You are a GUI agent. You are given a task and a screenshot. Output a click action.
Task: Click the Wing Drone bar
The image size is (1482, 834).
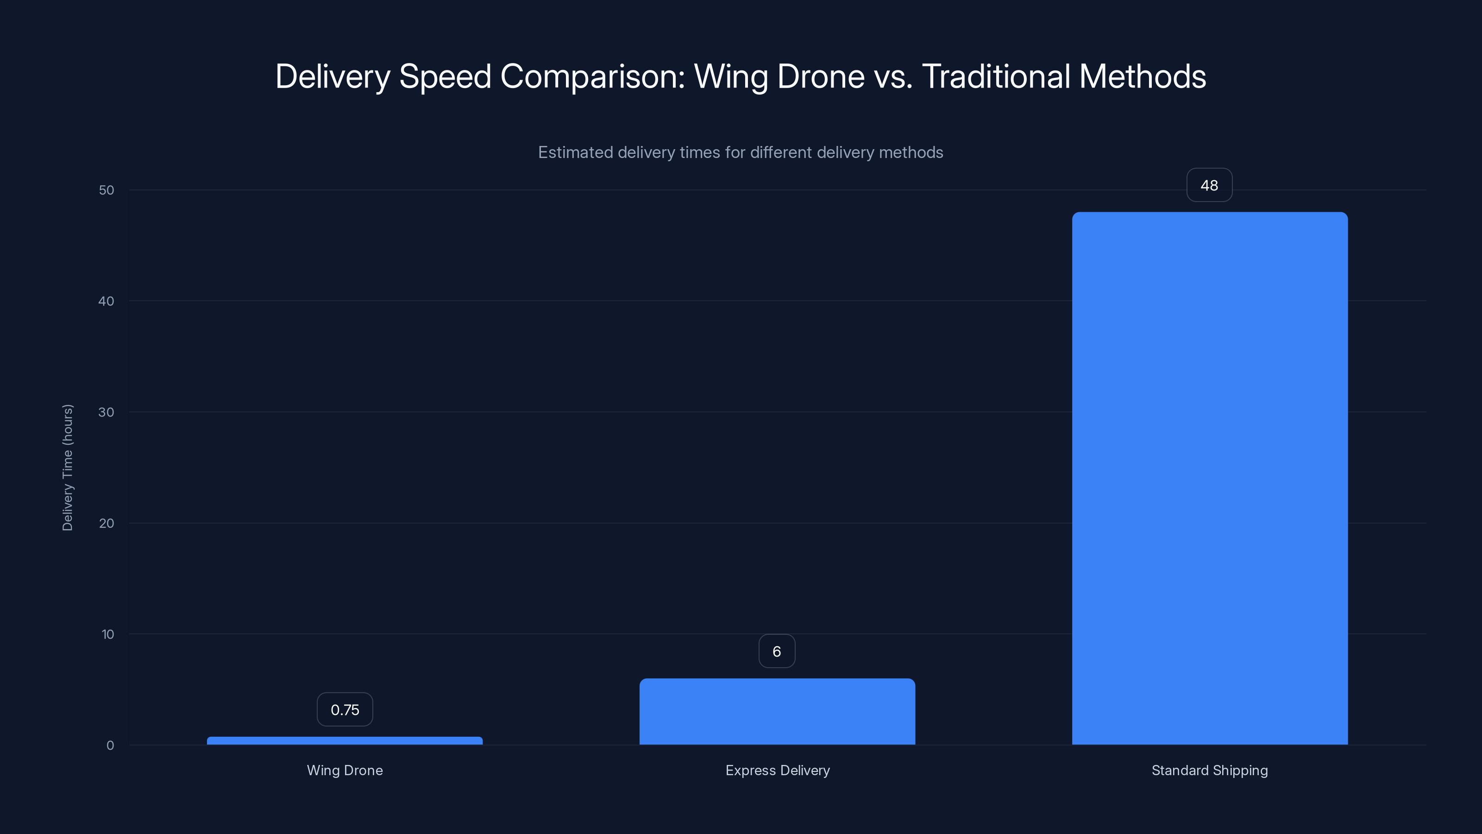[345, 741]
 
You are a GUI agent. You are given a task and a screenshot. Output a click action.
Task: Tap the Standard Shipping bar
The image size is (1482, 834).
[1209, 478]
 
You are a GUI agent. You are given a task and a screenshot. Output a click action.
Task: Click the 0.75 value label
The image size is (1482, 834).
[345, 710]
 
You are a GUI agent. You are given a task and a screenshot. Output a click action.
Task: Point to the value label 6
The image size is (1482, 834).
[777, 651]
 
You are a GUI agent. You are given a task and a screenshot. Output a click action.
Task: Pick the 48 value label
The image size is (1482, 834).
[1209, 185]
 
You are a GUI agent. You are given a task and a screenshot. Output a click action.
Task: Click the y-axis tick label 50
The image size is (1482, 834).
[107, 190]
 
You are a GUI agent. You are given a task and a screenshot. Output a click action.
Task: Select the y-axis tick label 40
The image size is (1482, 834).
[107, 301]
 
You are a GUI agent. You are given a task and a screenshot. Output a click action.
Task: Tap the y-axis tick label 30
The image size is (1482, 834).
[107, 412]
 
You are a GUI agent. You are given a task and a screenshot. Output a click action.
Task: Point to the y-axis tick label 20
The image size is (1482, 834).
[107, 523]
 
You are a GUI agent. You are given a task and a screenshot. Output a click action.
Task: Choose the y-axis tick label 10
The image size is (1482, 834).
[107, 634]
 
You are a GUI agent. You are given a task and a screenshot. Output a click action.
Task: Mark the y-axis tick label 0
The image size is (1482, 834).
[110, 746]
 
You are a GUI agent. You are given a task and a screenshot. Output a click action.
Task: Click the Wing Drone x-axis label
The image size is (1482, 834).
[345, 770]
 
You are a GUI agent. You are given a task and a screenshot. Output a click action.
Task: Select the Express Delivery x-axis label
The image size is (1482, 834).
[777, 770]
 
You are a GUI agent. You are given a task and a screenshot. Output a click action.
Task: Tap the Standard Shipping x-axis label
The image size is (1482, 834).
[1209, 770]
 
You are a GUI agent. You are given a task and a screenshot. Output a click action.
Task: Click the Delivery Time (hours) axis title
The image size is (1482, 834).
[67, 468]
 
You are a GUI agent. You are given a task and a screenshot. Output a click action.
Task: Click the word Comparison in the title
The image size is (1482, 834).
[593, 76]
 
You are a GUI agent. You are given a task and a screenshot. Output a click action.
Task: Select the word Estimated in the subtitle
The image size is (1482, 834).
[575, 152]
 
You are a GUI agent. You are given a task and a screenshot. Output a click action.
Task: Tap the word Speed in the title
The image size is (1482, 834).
[445, 76]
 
